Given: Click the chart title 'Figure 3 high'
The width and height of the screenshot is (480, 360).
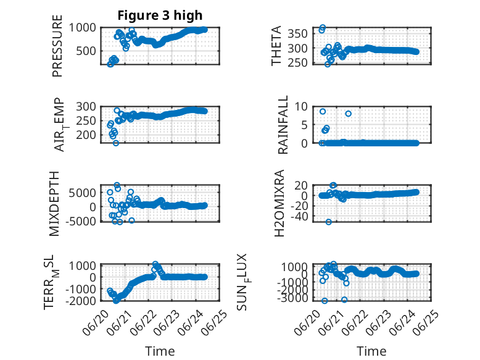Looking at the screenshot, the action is click(160, 15).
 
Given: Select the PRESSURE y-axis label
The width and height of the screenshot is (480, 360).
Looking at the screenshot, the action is click(57, 46).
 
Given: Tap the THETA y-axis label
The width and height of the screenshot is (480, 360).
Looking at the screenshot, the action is click(276, 46).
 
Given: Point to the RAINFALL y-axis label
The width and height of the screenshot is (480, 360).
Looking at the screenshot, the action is click(283, 125).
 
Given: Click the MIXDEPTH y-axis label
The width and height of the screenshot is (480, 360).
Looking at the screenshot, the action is click(54, 204).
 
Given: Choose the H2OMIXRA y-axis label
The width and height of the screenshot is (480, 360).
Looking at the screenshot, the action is click(279, 203).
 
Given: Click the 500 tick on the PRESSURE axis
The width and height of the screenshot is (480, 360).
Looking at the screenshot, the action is click(86, 51).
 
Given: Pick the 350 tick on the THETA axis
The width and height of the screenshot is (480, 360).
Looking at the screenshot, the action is click(298, 33).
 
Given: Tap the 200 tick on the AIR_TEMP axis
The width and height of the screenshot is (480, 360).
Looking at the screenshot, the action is click(86, 135).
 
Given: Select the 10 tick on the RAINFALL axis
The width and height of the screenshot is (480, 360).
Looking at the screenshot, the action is click(301, 107).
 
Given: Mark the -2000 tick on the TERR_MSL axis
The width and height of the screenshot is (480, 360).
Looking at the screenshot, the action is click(81, 301).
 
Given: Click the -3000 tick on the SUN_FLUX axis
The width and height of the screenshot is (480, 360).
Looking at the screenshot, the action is click(292, 298).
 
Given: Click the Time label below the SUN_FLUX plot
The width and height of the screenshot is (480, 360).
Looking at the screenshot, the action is click(371, 351).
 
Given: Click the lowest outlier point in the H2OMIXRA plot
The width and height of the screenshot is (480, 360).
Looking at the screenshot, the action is click(328, 222).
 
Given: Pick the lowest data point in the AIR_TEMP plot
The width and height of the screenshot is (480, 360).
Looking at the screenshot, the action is click(116, 143).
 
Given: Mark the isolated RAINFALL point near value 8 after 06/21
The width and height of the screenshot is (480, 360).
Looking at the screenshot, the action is click(348, 114).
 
